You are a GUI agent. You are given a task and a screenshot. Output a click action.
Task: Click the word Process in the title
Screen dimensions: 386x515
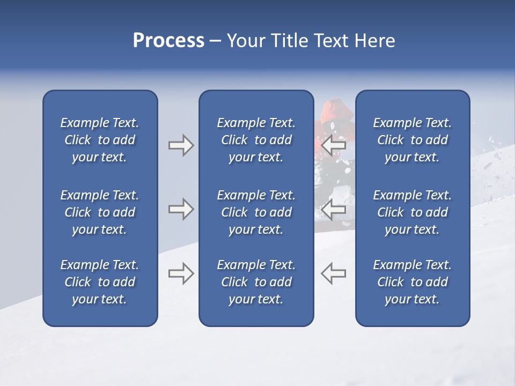pos(168,41)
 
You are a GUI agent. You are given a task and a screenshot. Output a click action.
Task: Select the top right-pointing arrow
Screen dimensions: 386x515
pos(181,145)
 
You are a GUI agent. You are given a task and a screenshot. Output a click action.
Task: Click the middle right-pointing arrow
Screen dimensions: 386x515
pos(181,209)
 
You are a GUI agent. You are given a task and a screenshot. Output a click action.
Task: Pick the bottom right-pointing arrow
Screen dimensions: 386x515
pos(181,273)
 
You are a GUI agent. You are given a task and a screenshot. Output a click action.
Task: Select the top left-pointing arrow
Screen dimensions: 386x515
pos(334,145)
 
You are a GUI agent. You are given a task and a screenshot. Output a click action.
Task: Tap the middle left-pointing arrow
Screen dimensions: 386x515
pos(334,209)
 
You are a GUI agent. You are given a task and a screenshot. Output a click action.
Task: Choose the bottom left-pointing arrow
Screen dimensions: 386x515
pos(334,273)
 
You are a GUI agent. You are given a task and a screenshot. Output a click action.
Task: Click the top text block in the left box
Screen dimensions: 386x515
pos(100,140)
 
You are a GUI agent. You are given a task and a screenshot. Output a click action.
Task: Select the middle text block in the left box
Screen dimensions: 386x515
pos(100,212)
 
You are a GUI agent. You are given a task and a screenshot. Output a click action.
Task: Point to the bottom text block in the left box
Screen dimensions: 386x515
pos(100,282)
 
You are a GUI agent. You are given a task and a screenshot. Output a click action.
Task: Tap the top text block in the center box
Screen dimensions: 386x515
pos(256,140)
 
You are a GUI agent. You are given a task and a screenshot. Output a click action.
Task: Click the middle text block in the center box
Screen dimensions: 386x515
pos(256,212)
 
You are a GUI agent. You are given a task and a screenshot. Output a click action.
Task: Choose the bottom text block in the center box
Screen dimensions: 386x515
pos(256,282)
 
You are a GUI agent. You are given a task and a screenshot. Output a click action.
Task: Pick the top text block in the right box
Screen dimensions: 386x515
pos(412,140)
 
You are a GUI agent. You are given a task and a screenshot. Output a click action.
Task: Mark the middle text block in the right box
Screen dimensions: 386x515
pos(412,212)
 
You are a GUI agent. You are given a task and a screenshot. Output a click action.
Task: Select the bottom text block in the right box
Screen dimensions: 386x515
pos(412,282)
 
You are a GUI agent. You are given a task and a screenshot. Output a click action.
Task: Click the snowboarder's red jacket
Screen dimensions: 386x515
pos(335,109)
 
